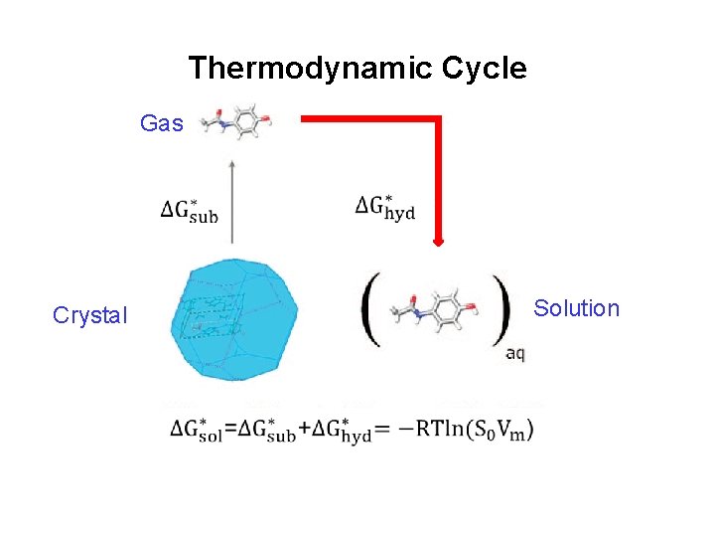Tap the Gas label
161,123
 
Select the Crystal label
90,315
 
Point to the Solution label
576,308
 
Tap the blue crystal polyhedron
232,318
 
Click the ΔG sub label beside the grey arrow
190,210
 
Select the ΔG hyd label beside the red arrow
385,207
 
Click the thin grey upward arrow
231,199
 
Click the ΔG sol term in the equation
195,431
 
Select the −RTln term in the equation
428,430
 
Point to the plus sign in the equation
304,430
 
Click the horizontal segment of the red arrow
367,119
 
